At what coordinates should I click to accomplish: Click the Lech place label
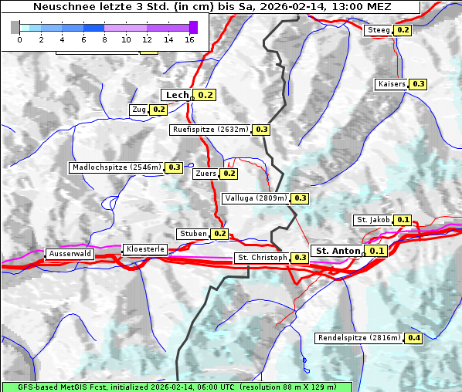pos(177,95)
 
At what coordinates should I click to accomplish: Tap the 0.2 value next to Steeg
pos(403,30)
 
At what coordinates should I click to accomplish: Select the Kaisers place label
pos(391,84)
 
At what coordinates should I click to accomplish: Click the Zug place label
pos(139,110)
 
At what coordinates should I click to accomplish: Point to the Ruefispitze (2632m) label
pos(211,130)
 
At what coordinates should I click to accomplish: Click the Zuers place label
pos(205,174)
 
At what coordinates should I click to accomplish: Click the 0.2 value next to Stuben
pos(220,234)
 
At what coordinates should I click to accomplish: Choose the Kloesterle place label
pos(144,249)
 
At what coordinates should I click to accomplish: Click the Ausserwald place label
pos(70,254)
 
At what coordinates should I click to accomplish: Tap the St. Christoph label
pos(262,258)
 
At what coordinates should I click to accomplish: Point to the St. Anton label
pos(338,251)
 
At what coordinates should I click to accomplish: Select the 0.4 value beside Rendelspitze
pos(414,338)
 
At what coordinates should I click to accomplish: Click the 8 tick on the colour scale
pos(104,39)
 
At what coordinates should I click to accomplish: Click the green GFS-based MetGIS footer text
pos(176,387)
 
